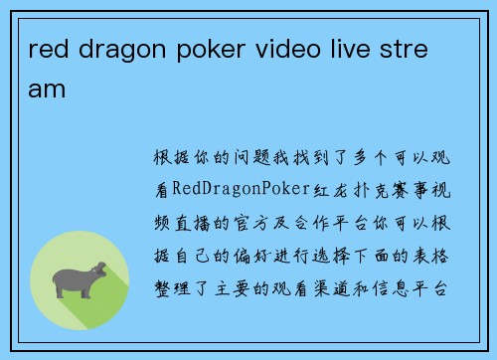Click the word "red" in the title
click(47, 51)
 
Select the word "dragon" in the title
click(113, 51)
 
